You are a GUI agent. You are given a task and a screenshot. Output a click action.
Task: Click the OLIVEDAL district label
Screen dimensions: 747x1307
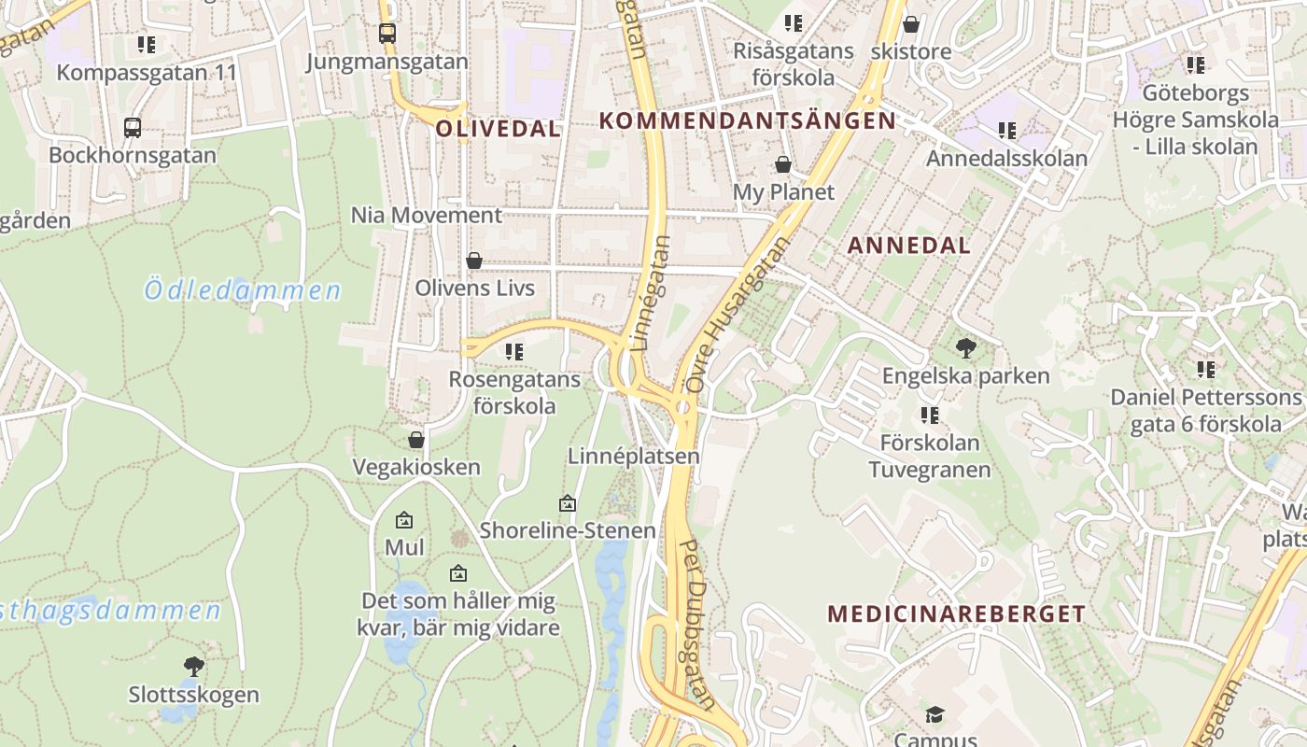coord(499,129)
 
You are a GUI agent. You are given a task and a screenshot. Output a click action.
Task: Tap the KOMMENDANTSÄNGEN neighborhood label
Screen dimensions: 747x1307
coord(747,120)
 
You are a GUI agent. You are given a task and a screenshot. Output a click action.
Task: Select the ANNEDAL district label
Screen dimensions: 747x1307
coord(909,246)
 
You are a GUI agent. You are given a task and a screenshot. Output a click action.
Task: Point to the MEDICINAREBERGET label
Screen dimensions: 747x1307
coord(957,613)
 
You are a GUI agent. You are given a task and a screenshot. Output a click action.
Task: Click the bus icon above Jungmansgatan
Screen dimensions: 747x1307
coord(387,34)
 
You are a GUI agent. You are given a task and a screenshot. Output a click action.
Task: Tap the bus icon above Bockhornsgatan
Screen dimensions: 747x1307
coord(133,127)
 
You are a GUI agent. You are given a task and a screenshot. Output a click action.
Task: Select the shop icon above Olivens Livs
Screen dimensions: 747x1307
coord(474,261)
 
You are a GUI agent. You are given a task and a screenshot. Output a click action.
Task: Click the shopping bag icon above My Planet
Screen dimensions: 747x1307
coord(783,165)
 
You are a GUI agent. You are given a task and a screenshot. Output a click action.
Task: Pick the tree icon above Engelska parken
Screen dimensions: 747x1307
coord(966,348)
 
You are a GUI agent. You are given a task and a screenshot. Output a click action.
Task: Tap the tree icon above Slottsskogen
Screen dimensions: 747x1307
coord(194,666)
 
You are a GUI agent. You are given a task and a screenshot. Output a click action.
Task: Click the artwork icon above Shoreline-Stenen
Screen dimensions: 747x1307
coord(567,503)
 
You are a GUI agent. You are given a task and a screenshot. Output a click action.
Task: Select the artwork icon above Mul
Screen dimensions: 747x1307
coord(404,520)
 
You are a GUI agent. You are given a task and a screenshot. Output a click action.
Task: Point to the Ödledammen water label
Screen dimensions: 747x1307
coord(243,290)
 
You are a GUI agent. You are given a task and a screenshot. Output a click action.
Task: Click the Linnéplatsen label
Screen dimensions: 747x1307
coord(634,457)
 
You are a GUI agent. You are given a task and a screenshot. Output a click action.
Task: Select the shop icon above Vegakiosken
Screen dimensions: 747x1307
coord(416,440)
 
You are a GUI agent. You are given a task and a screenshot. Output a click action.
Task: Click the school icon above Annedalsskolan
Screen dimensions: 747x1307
coord(1006,131)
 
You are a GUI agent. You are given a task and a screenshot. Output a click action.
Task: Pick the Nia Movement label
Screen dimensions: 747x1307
coord(426,216)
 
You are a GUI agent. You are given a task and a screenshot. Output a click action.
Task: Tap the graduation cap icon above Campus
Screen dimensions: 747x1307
coord(935,715)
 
